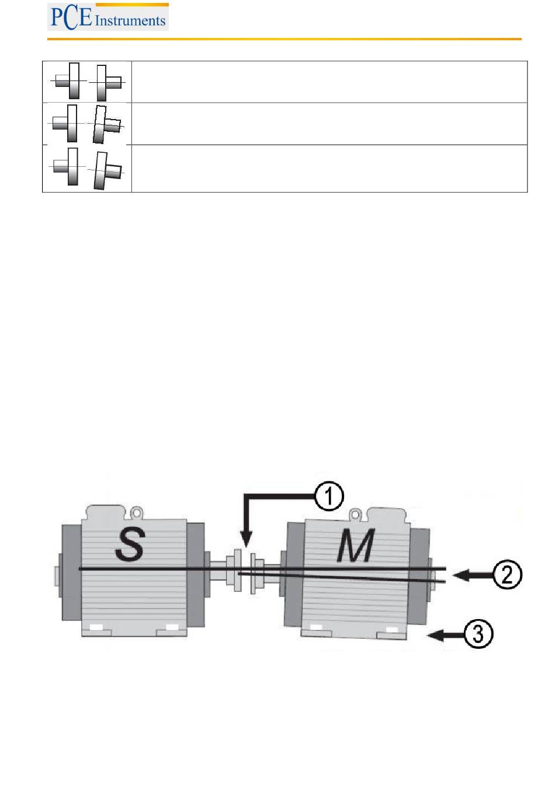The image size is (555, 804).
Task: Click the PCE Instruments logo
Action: (x=108, y=17)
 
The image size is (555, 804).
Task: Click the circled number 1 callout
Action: (x=329, y=497)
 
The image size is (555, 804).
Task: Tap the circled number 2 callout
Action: (x=507, y=575)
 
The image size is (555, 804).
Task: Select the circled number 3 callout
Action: (x=478, y=634)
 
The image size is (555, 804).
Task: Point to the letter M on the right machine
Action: (x=356, y=547)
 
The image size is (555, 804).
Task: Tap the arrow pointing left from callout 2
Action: (x=471, y=575)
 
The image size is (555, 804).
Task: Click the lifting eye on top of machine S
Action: (x=137, y=513)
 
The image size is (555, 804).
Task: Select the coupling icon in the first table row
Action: (x=88, y=82)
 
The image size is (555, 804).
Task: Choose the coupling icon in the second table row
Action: (x=88, y=124)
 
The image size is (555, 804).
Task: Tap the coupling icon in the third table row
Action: (x=88, y=168)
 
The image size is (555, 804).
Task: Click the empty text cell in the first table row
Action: (x=329, y=82)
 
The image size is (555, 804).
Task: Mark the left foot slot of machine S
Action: (x=96, y=628)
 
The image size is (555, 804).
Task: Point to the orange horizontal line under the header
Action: (x=284, y=39)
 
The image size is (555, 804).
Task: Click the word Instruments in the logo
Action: (x=130, y=21)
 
